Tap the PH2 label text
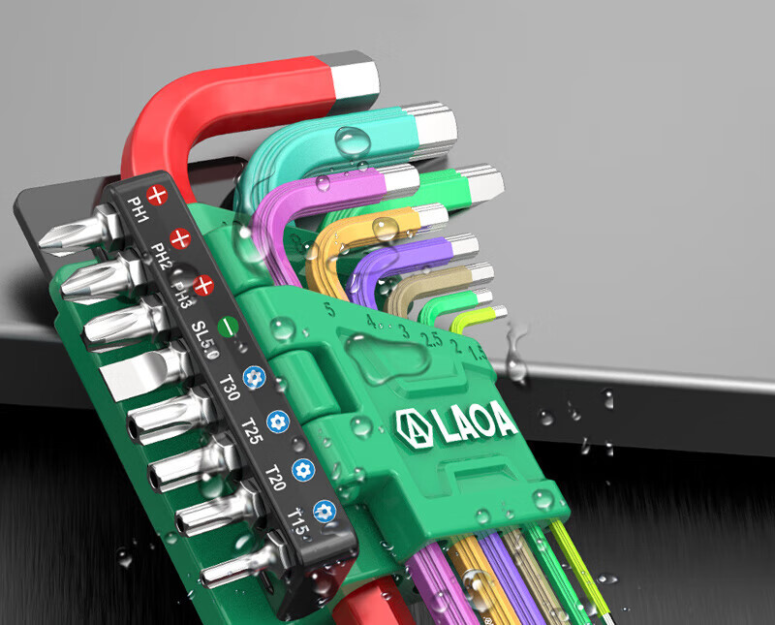pyautogui.click(x=160, y=256)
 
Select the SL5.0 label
pyautogui.click(x=205, y=340)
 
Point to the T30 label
pyautogui.click(x=230, y=388)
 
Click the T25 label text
pyautogui.click(x=252, y=430)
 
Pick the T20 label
pyautogui.click(x=276, y=478)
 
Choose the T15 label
pyautogui.click(x=298, y=521)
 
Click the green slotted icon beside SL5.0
pyautogui.click(x=229, y=327)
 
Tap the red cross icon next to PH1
pyautogui.click(x=157, y=196)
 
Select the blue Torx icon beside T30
pyautogui.click(x=254, y=378)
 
